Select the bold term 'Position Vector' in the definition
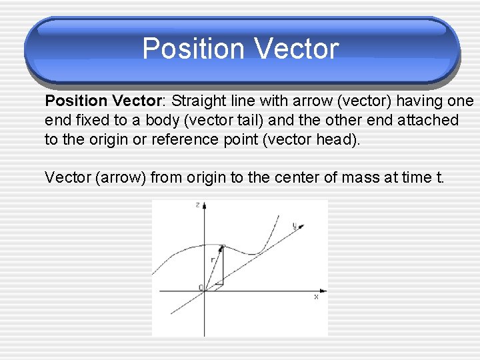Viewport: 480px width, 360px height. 104,101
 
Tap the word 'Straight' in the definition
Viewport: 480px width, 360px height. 197,101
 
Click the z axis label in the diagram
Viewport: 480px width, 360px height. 197,205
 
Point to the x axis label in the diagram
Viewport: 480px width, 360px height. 316,297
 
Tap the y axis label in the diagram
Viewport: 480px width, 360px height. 295,225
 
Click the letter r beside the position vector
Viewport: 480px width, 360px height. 212,259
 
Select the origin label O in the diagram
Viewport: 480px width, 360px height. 201,287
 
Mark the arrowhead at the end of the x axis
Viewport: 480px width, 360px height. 323,291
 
